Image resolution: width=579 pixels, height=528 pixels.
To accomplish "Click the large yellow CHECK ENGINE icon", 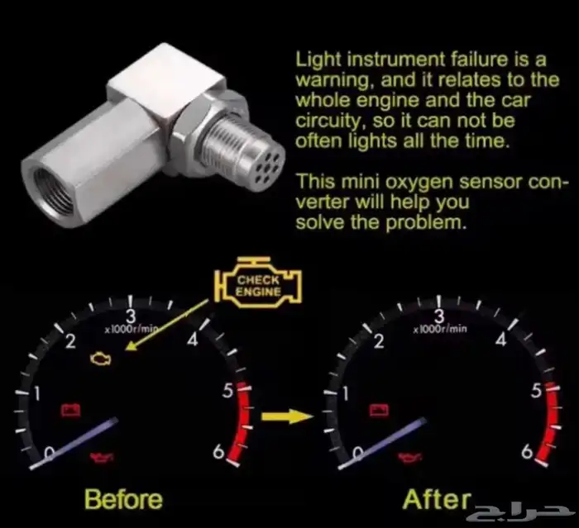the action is click(258, 283).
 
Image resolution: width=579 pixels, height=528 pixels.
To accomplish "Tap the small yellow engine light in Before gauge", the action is click(100, 359).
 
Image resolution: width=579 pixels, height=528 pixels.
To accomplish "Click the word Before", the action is click(123, 499).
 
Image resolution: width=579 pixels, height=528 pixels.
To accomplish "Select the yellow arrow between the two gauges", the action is click(287, 416).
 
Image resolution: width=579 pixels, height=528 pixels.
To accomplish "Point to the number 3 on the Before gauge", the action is click(131, 316).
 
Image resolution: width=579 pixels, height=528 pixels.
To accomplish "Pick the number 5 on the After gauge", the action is click(536, 391).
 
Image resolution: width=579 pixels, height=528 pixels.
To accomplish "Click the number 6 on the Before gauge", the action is click(218, 452).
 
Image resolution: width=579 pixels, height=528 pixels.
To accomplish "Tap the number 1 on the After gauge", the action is click(345, 393).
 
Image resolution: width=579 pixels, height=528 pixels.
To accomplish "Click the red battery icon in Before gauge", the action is click(70, 410).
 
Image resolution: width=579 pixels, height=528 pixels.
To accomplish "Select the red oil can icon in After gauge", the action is click(410, 457).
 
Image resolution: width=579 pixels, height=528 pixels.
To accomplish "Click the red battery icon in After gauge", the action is click(380, 410).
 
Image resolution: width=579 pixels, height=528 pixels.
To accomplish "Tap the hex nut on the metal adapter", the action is click(186, 133).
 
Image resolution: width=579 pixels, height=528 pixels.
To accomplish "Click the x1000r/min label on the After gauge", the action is click(440, 328).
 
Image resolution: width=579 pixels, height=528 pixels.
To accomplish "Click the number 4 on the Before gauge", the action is click(193, 340).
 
